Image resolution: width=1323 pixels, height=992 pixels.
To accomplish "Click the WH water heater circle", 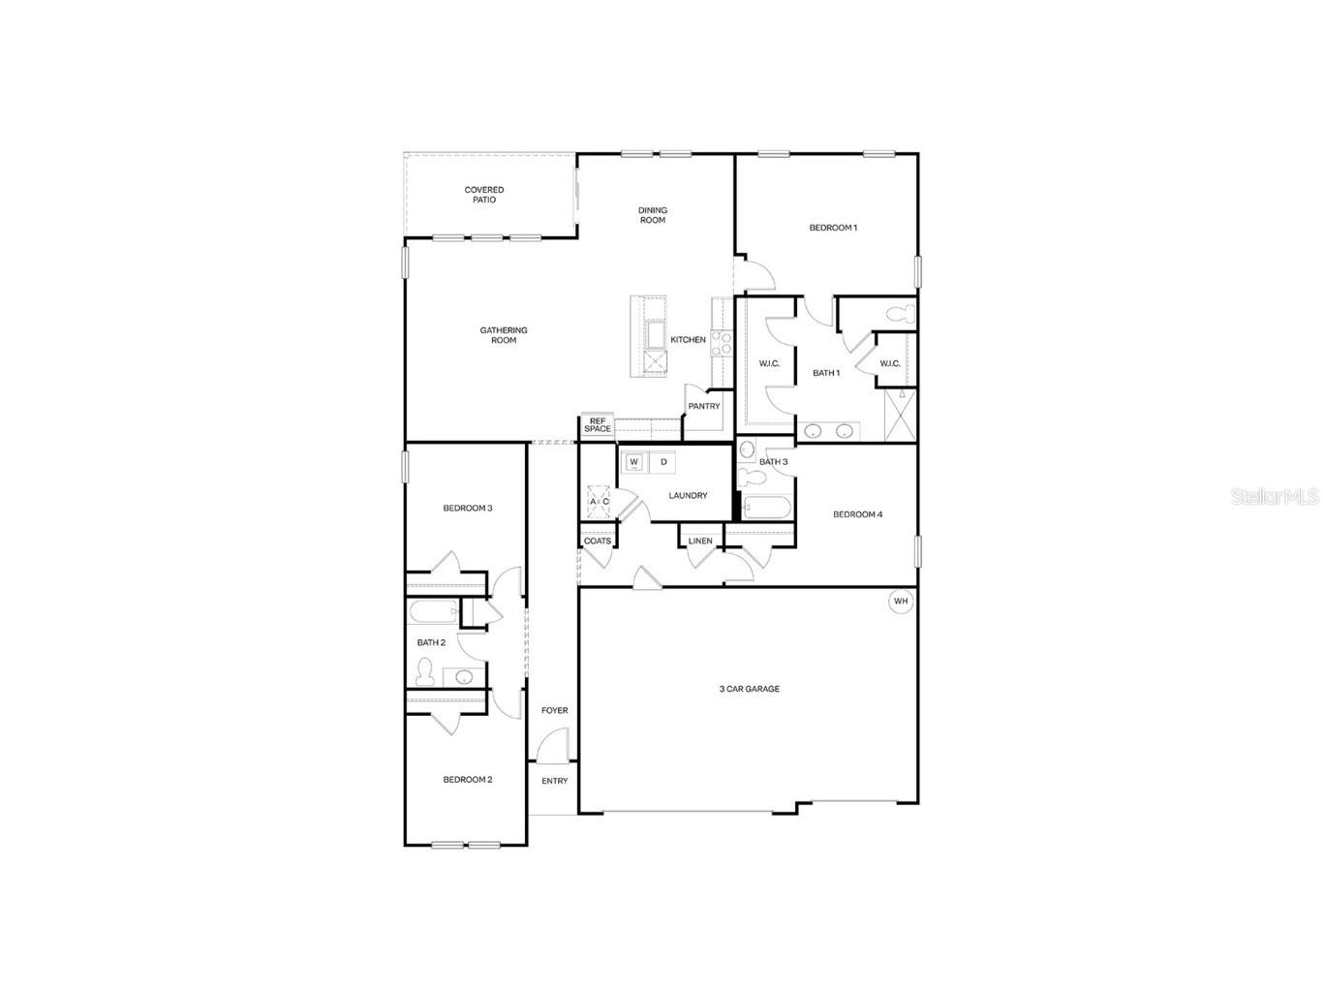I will coord(902,602).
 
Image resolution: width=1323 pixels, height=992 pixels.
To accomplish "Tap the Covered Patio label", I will coord(484,195).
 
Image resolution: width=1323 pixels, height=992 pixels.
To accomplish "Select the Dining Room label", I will coord(653,215).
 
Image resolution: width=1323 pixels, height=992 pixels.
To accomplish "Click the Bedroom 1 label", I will coord(833,228).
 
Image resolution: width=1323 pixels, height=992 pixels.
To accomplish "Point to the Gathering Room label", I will coord(504,335).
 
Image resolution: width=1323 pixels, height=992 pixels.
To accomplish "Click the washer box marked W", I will coord(634,462).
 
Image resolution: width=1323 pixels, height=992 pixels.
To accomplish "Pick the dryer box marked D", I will coord(663,462).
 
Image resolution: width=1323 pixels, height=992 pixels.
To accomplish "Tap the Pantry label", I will coord(704,406).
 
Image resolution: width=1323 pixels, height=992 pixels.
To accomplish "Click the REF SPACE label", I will coord(598,425).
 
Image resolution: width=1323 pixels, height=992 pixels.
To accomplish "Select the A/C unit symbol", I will coord(599,501).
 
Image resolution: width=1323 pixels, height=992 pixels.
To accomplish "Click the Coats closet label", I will coord(598,541).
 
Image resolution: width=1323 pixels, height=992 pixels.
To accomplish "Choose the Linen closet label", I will coord(700,542).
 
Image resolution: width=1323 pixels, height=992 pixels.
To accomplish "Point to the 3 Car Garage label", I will coord(749,689).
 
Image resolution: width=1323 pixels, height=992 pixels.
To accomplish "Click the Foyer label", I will coord(555,710).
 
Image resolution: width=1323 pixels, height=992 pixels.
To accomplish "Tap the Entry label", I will coord(555,781).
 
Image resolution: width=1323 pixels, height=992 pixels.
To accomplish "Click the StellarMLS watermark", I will coord(1275,497).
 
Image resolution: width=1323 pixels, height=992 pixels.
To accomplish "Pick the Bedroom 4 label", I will coord(857,514).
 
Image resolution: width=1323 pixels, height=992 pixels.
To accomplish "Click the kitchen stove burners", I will coord(721,341).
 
